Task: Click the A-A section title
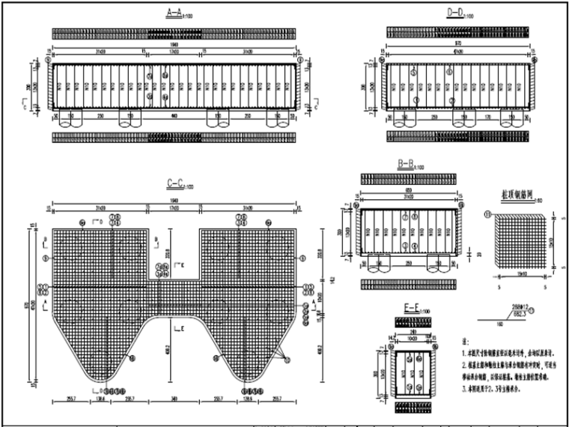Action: (174, 13)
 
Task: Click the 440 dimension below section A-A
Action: (174, 118)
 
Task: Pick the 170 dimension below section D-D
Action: (486, 118)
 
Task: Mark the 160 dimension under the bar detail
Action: (485, 324)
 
